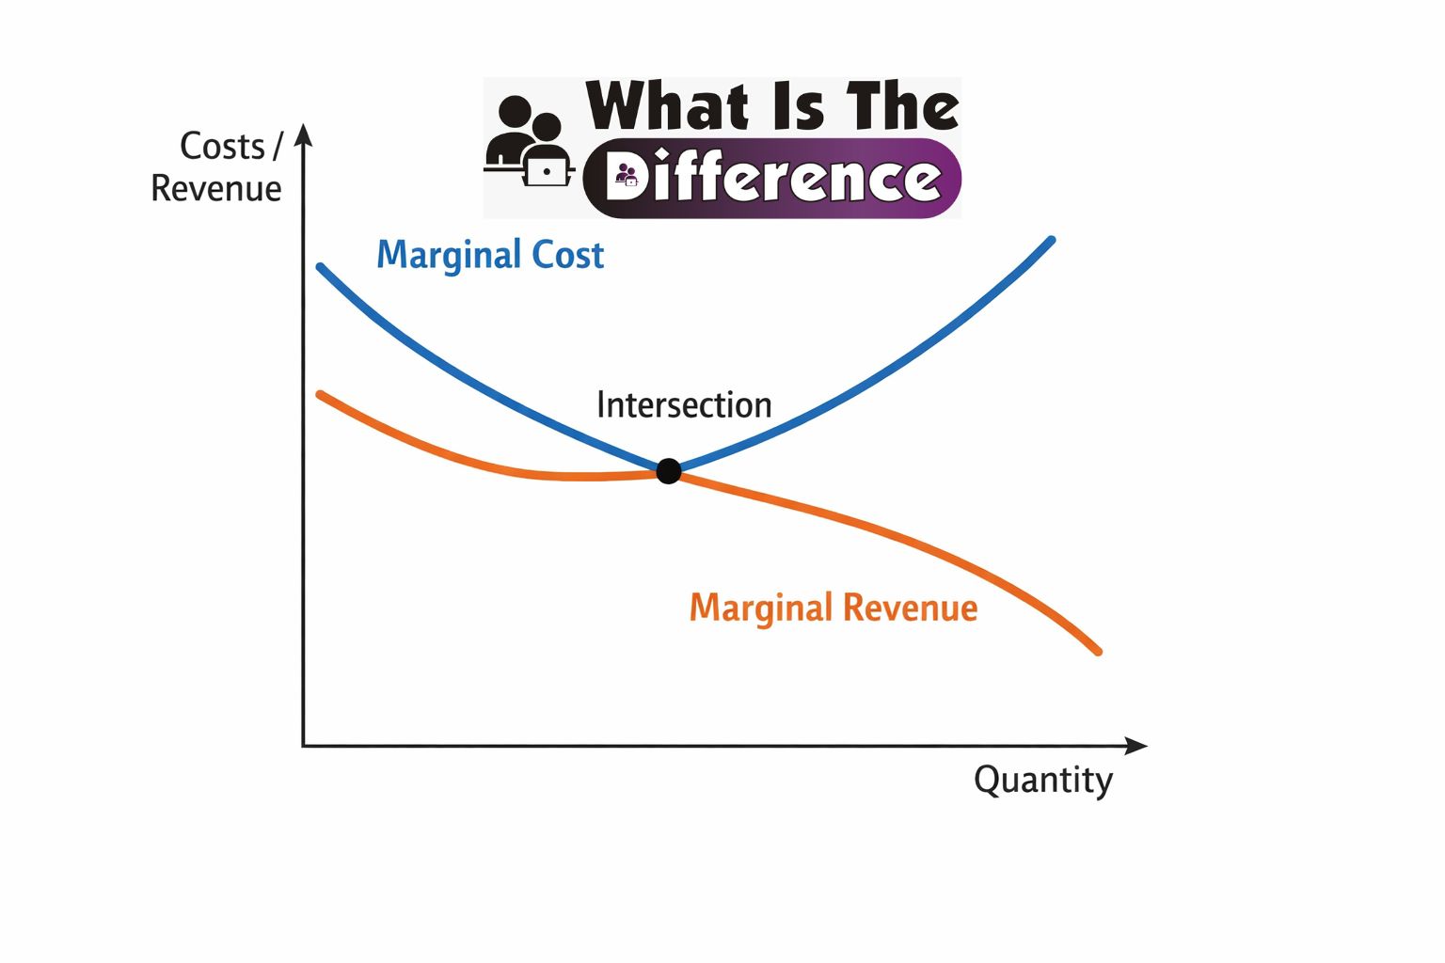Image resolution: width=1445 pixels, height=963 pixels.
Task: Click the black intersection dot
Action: click(668, 471)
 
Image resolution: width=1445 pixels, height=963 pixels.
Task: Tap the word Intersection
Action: click(684, 405)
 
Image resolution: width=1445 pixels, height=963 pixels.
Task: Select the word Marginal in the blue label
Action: click(449, 256)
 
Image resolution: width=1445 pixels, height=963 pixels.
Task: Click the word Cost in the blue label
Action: click(567, 256)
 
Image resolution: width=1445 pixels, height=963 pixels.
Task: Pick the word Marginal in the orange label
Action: click(761, 608)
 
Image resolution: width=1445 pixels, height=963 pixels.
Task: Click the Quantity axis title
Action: click(1042, 781)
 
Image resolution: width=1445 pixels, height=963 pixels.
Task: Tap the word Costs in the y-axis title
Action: click(222, 147)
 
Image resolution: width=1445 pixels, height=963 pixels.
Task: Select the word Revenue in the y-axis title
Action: click(216, 189)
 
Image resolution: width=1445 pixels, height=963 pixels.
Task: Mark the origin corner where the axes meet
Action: click(303, 746)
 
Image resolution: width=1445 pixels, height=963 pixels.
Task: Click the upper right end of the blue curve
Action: click(1051, 241)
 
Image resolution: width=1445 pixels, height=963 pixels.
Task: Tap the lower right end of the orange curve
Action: click(1097, 651)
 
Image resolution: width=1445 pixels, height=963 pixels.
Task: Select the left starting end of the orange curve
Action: click(321, 394)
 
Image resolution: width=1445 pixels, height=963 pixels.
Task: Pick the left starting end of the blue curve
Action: click(321, 267)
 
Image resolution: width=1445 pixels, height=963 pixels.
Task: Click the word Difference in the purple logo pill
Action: click(773, 178)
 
